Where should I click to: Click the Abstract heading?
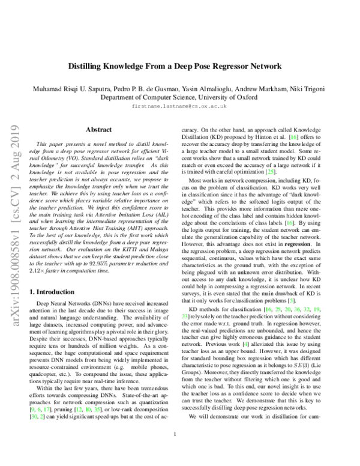[x=98, y=129]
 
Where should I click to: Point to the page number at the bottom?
[x=174, y=451]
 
